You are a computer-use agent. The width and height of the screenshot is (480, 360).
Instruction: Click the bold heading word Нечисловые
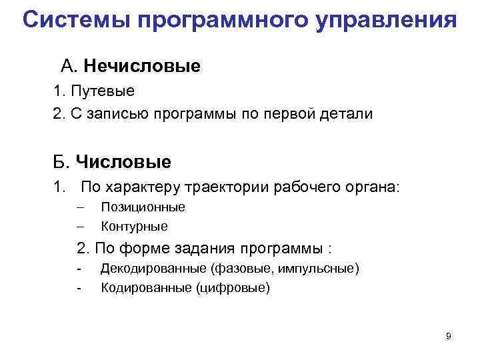point(142,66)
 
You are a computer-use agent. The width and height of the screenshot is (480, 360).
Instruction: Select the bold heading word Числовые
point(123,161)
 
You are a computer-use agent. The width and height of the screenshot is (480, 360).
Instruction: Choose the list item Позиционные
point(143,207)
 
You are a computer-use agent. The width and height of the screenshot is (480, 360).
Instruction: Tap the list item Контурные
point(134,226)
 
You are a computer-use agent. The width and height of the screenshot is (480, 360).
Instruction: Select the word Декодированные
point(153,269)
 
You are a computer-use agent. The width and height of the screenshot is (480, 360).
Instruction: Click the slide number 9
point(448,336)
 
